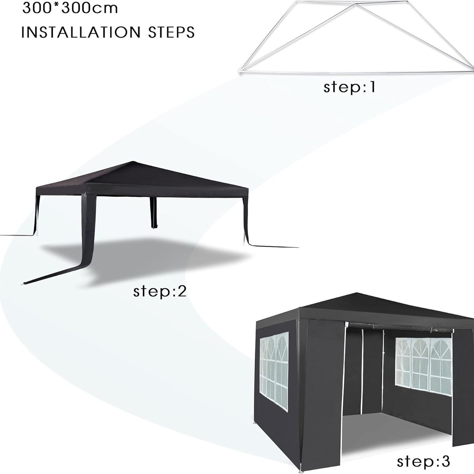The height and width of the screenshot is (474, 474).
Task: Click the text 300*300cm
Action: pos(70,8)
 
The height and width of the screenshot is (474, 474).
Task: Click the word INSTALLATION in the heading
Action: pos(81,32)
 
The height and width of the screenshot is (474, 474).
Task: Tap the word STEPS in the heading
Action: pos(171,32)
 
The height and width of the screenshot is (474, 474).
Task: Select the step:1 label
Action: pos(350,87)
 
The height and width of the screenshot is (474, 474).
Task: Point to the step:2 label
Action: pos(160,292)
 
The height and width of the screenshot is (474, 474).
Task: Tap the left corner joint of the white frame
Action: pos(240,72)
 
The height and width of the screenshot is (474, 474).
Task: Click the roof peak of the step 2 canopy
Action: pos(133,162)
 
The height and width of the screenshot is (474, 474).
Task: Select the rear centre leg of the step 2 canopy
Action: pos(154,213)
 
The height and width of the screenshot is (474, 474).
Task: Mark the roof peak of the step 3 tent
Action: pos(357,294)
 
